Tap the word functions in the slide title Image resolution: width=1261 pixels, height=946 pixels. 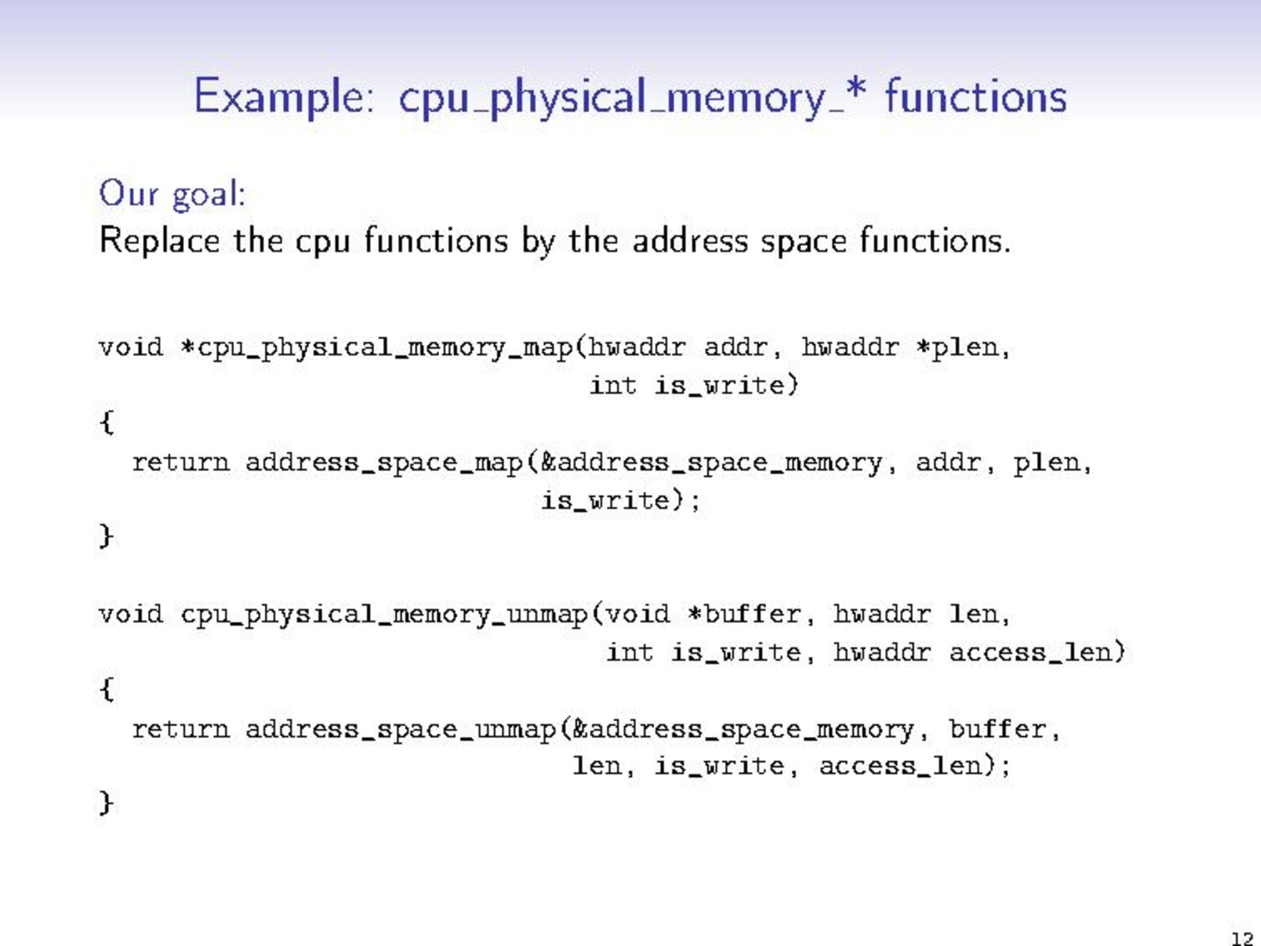[x=975, y=95]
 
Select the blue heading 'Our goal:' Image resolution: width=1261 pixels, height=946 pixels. [x=172, y=194]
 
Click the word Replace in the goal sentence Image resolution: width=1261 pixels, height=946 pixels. [x=159, y=242]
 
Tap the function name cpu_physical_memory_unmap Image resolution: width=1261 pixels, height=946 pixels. [x=385, y=615]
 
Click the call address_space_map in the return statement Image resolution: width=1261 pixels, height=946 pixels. [x=385, y=463]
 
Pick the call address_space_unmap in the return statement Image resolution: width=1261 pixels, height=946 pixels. [x=401, y=729]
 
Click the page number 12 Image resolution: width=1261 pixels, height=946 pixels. [x=1242, y=938]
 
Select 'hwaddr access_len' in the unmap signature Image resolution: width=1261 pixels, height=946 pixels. [x=979, y=652]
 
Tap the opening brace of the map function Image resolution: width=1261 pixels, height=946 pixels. [x=106, y=422]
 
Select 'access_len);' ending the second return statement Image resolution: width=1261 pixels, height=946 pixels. [x=915, y=766]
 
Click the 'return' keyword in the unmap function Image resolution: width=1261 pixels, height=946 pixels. [x=181, y=729]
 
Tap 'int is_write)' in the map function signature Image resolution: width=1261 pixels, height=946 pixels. [x=694, y=386]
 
